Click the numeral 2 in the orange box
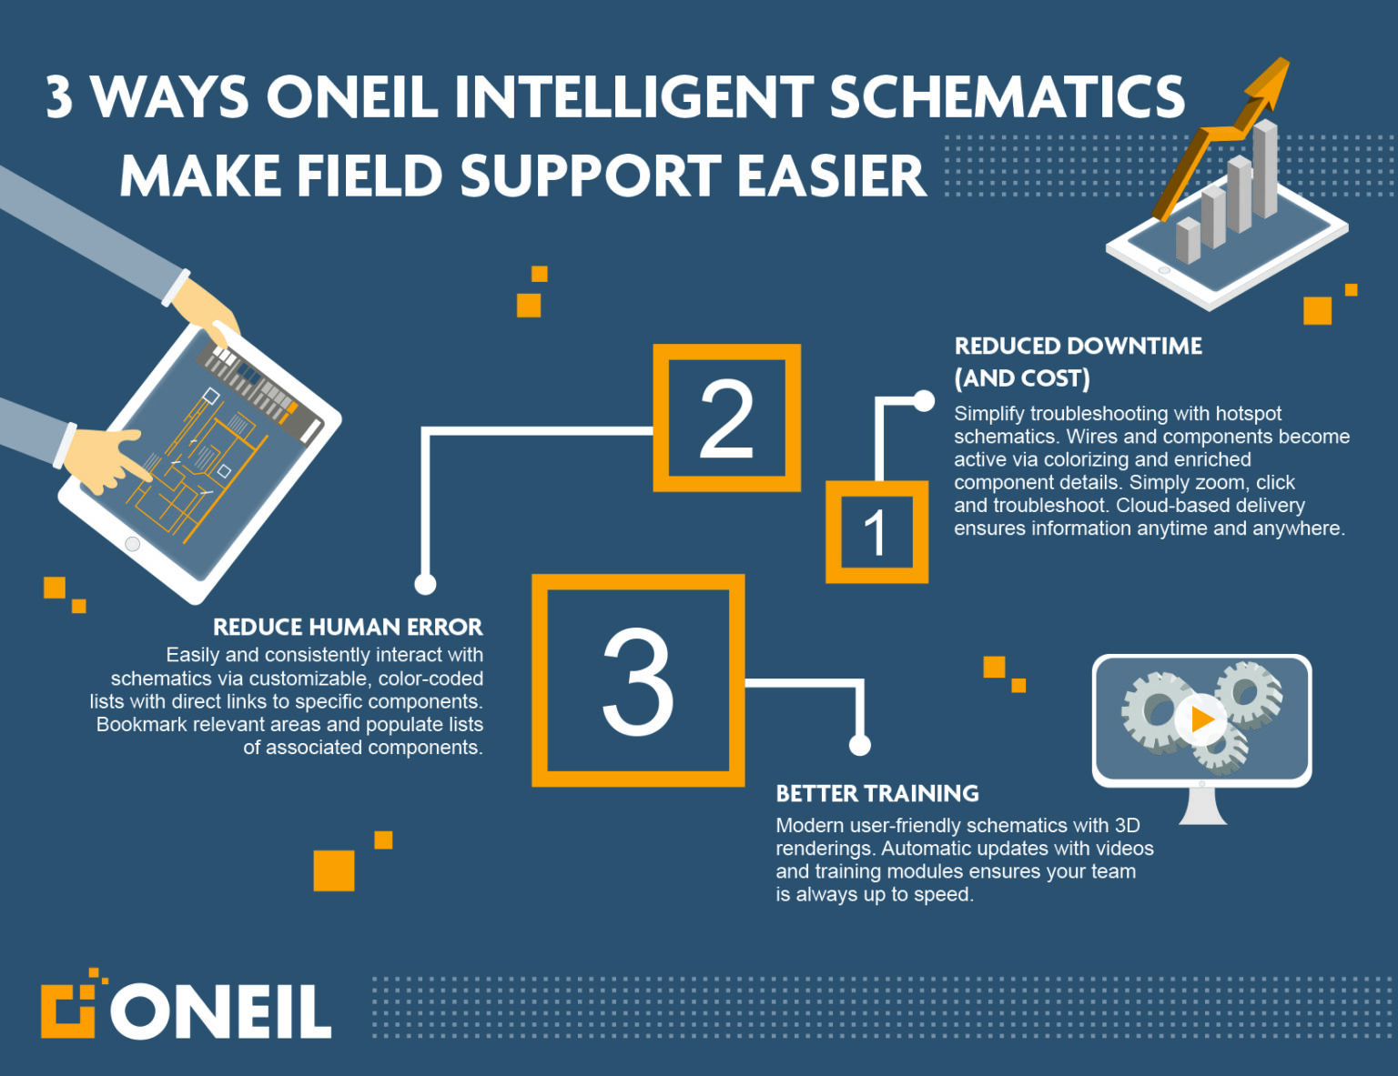tap(726, 418)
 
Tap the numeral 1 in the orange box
tap(875, 533)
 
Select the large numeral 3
tap(637, 680)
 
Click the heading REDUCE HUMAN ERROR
tap(348, 627)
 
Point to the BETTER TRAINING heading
tap(876, 793)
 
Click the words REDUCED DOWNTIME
tap(1078, 346)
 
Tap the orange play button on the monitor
tap(1200, 719)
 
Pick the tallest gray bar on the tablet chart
tap(1265, 168)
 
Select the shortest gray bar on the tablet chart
tap(1188, 240)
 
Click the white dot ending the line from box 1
tap(924, 401)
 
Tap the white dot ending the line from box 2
tap(425, 584)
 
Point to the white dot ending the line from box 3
tap(859, 745)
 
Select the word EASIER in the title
tap(831, 176)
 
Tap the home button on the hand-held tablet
tap(133, 544)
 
